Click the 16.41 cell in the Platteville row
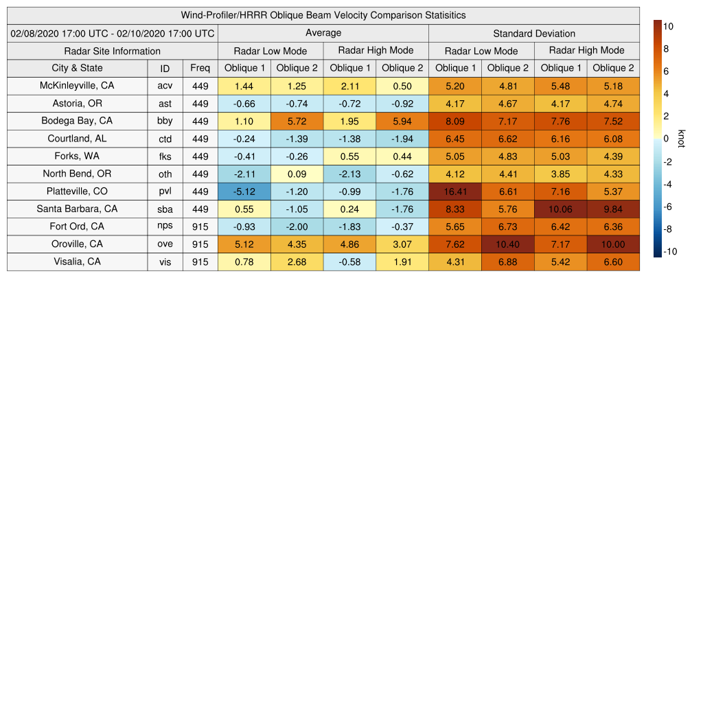tap(455, 192)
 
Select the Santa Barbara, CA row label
tap(77, 209)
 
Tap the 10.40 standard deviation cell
tap(508, 244)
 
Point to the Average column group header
tap(323, 33)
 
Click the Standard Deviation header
tap(534, 34)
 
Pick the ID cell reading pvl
tap(165, 192)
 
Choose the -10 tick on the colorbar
tap(670, 251)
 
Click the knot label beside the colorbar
tap(681, 138)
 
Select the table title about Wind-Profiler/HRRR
tap(323, 15)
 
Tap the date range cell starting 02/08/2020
tap(113, 33)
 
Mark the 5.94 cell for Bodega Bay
tap(402, 121)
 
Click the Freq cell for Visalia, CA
tap(200, 262)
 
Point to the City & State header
tap(77, 68)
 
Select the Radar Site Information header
tap(112, 51)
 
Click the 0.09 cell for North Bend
tap(297, 174)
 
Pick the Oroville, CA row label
tap(77, 244)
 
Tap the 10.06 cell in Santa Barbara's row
tap(560, 209)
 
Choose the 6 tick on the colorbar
tap(665, 71)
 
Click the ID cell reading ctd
tap(165, 139)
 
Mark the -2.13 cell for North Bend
tap(349, 174)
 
